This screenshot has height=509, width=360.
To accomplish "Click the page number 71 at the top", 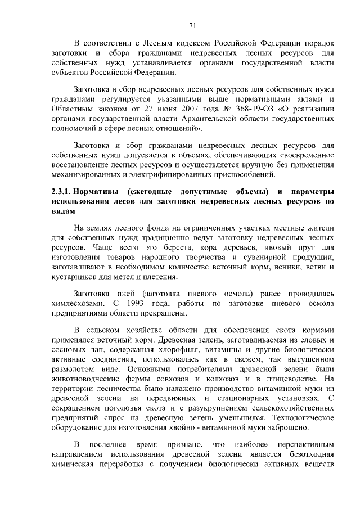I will tap(192, 25).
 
